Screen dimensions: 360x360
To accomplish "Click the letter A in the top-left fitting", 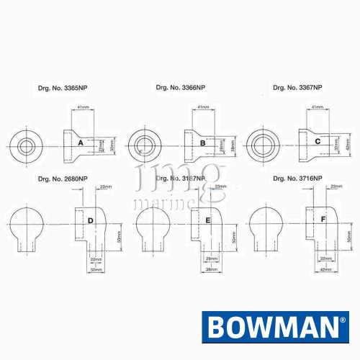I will pos(81,144).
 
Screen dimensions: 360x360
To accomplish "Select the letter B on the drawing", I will pos(202,144).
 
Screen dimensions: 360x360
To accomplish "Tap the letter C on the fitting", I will pos(318,142).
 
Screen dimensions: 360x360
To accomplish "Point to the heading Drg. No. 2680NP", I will pos(63,178).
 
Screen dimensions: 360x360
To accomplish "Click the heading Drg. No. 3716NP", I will pos(298,177).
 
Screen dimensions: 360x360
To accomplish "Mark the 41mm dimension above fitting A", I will pos(84,107).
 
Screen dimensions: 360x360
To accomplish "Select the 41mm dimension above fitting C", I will pos(317,107).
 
